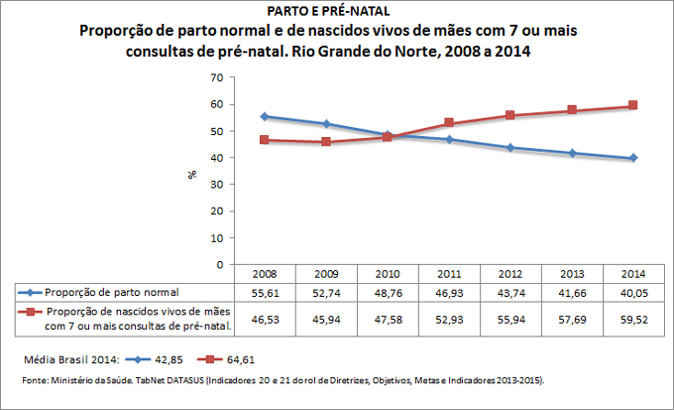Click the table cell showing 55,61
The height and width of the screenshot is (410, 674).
(x=265, y=292)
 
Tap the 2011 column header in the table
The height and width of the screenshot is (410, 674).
(x=449, y=273)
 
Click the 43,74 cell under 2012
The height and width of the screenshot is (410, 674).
(x=510, y=292)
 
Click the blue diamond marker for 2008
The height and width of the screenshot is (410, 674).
(x=264, y=116)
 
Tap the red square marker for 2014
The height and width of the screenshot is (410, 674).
(x=632, y=105)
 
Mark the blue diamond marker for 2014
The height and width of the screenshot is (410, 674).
(x=632, y=158)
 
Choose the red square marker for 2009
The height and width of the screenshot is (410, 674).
(x=325, y=142)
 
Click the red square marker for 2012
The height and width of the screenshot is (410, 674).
(x=509, y=115)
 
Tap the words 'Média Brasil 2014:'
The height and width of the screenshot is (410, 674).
(x=66, y=357)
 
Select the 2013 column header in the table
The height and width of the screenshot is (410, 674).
(x=572, y=273)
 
